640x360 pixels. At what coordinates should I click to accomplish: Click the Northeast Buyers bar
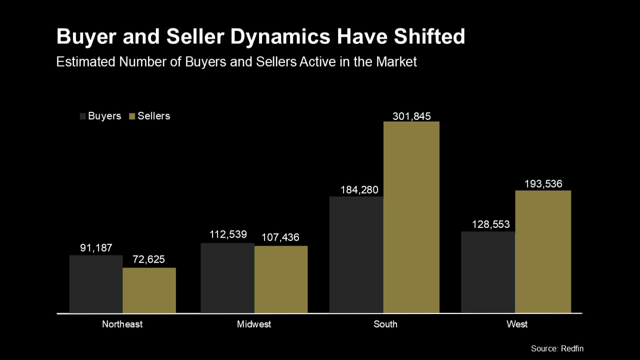click(x=96, y=284)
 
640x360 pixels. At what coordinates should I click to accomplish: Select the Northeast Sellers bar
click(x=149, y=290)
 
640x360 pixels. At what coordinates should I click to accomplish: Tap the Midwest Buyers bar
click(x=227, y=278)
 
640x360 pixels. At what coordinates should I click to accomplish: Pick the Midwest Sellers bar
click(x=281, y=279)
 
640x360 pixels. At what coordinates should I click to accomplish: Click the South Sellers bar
click(x=411, y=217)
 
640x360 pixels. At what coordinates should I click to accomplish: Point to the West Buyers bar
click(x=488, y=272)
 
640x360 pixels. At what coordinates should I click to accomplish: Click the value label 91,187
click(x=96, y=247)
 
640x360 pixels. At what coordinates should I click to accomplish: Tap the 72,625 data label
click(x=148, y=259)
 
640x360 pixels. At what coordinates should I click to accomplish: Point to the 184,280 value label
click(x=359, y=190)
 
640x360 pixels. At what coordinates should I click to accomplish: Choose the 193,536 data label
click(x=543, y=183)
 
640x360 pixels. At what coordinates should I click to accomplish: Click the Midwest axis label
click(x=254, y=324)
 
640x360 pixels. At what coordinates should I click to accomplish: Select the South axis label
click(x=385, y=324)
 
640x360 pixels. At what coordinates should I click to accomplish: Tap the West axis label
click(x=517, y=324)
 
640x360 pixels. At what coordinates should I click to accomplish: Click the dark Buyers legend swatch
click(x=83, y=116)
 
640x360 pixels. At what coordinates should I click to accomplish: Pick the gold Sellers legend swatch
click(x=132, y=116)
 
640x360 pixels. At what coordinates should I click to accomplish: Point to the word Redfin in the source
click(x=572, y=348)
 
